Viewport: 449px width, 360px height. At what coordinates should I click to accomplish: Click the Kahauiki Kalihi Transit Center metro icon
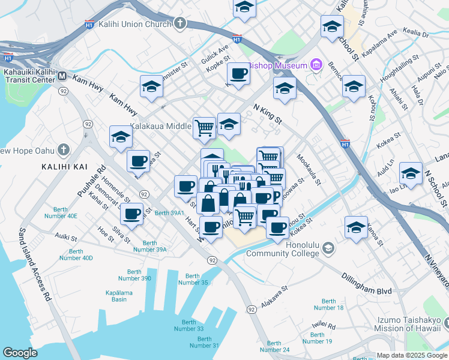coord(62,76)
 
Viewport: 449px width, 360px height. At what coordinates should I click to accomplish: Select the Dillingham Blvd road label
coord(367,291)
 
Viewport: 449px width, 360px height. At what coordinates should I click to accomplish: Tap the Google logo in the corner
coord(20,353)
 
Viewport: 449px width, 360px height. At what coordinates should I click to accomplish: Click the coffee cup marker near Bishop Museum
coord(238,74)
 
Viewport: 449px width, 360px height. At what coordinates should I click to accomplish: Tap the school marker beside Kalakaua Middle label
coord(229,124)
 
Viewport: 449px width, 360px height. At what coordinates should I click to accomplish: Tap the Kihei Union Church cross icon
coord(179,24)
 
